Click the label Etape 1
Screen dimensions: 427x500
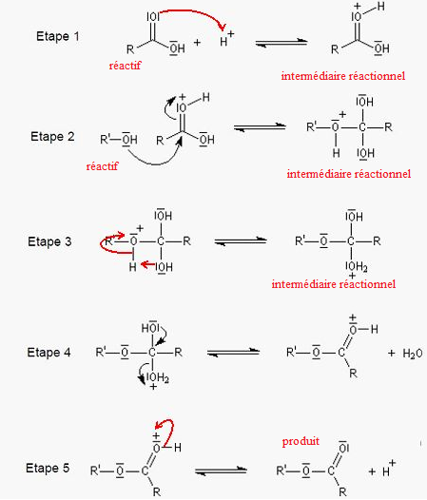click(57, 36)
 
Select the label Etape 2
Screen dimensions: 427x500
click(52, 137)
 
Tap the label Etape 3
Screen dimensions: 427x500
click(49, 241)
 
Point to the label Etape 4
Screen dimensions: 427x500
click(49, 353)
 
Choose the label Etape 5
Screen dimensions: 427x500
click(48, 468)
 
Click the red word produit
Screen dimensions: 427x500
click(301, 441)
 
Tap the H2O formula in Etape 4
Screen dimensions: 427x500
click(413, 354)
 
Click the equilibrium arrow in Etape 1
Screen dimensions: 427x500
click(281, 43)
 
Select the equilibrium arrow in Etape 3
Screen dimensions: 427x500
click(241, 241)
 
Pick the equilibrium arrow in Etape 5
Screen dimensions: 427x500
click(221, 471)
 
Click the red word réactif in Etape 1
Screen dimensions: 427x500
click(125, 66)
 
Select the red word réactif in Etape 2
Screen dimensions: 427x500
click(102, 166)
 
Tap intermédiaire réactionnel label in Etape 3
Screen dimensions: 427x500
click(334, 284)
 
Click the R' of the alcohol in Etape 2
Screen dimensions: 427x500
click(105, 140)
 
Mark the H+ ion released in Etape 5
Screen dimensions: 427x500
click(389, 468)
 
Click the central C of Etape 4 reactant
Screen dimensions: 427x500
click(152, 353)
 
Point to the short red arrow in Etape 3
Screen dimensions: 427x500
click(148, 264)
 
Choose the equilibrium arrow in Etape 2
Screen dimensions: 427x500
click(260, 127)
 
